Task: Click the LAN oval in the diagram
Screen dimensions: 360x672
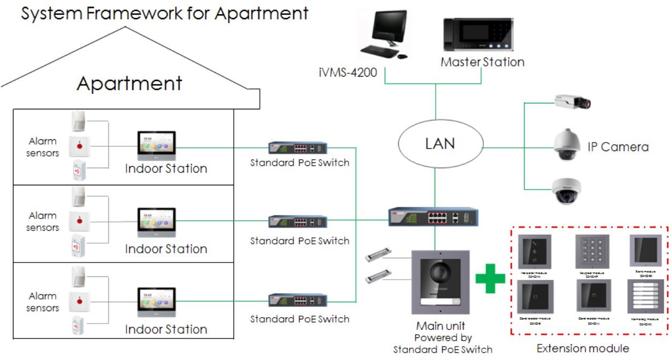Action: click(440, 143)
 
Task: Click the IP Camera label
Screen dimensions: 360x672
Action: click(618, 146)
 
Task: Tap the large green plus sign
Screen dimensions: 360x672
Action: click(490, 277)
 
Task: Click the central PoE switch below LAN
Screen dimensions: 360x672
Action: click(433, 217)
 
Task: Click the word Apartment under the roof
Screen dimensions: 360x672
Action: click(129, 84)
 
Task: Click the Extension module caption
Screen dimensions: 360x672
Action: click(583, 348)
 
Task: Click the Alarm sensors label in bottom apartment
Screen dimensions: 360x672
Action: click(43, 302)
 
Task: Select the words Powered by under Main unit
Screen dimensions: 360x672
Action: click(443, 338)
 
